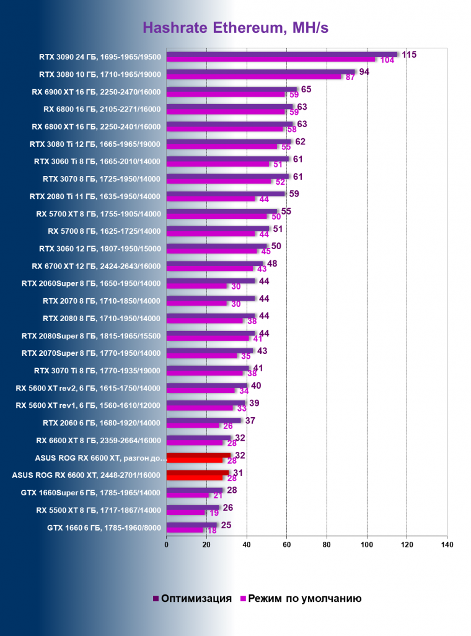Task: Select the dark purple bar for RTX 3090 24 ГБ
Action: (x=281, y=55)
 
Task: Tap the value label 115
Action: (x=409, y=55)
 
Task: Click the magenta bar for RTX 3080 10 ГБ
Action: (x=253, y=77)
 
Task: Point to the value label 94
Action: (x=364, y=72)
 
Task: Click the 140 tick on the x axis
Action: (x=447, y=545)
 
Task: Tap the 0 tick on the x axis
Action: (x=166, y=545)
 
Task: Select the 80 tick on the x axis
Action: (x=327, y=545)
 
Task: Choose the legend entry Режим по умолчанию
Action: (x=304, y=598)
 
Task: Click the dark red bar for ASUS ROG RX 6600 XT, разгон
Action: (x=198, y=456)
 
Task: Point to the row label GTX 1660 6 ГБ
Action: (x=104, y=528)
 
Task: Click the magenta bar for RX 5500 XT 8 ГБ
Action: (x=185, y=513)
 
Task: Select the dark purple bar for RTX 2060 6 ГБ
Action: (x=203, y=420)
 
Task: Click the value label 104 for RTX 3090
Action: (x=387, y=60)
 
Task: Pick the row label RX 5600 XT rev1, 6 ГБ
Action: (x=88, y=405)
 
